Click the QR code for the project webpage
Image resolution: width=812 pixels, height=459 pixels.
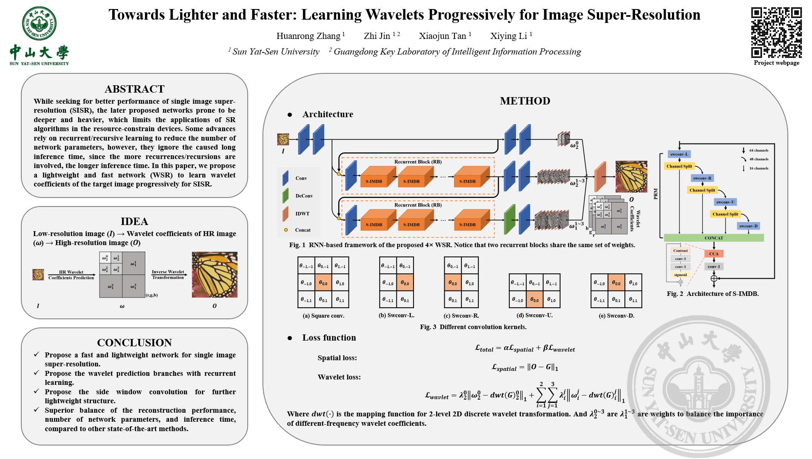[x=776, y=32]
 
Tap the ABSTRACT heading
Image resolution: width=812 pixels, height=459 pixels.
[x=134, y=89]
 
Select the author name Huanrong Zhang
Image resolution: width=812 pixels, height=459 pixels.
[x=308, y=36]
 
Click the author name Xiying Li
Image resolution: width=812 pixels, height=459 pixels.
[x=509, y=36]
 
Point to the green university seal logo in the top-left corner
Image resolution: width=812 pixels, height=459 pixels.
[x=39, y=23]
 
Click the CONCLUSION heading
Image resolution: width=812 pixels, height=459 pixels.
[x=134, y=343]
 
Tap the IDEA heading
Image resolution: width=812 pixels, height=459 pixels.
[x=134, y=221]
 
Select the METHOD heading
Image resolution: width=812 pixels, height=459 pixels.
[x=525, y=101]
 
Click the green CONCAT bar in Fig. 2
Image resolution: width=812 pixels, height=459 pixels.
[x=714, y=238]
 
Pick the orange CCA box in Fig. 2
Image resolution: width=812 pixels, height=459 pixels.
[x=714, y=254]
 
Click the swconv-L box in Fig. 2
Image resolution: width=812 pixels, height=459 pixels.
[x=679, y=154]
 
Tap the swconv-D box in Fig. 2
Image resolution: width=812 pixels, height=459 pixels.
[x=749, y=226]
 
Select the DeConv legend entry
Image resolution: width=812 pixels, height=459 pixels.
[x=304, y=196]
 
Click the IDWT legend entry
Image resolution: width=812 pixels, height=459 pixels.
[x=302, y=214]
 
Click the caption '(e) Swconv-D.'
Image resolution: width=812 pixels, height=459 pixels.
[x=616, y=316]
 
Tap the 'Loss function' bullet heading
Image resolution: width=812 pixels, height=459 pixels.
[x=329, y=338]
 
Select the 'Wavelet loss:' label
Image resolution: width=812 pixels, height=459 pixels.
[x=339, y=377]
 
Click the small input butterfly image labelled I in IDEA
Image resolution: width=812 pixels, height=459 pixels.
[x=38, y=274]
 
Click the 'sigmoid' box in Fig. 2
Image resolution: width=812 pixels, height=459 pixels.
[x=680, y=275]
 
